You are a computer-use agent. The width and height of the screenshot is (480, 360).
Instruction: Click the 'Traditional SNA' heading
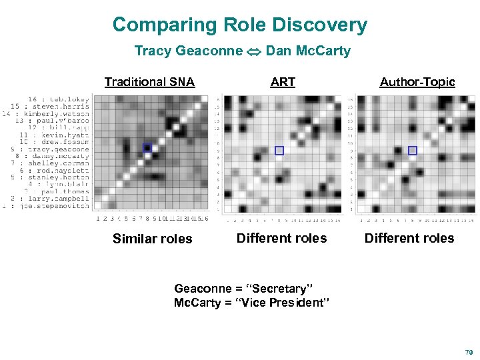149,82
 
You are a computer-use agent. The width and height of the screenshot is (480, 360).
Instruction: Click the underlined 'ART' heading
283,82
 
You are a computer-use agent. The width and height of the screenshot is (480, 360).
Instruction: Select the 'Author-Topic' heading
417,82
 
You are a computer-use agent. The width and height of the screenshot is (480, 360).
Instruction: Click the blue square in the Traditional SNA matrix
147,148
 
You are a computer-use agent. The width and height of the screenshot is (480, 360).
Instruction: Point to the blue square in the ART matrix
279,151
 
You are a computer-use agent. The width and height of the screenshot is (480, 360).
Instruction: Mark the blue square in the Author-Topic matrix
413,151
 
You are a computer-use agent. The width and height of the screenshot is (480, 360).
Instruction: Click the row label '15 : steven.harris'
49,106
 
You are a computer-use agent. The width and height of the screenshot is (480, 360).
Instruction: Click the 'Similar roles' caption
152,239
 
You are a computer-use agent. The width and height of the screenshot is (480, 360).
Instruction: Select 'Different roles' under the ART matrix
282,238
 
